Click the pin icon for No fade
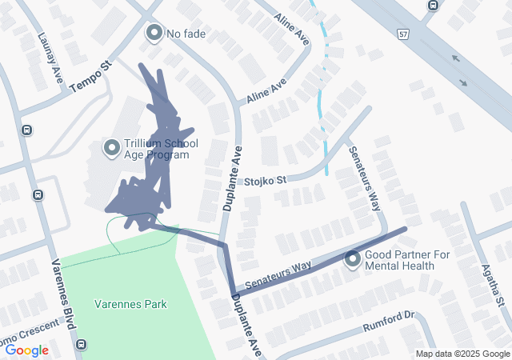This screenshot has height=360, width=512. point(154,33)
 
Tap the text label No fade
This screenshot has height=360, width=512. point(186,34)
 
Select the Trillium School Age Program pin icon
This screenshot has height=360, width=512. point(112,147)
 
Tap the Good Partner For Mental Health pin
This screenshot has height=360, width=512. point(353,259)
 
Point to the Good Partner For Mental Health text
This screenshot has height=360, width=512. point(399,260)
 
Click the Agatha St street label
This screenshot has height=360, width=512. point(496,287)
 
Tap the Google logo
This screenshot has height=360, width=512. point(26,350)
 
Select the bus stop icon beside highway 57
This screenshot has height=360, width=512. point(433,6)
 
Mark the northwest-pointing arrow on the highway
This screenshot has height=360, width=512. point(455,58)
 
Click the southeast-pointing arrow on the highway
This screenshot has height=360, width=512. point(465,82)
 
